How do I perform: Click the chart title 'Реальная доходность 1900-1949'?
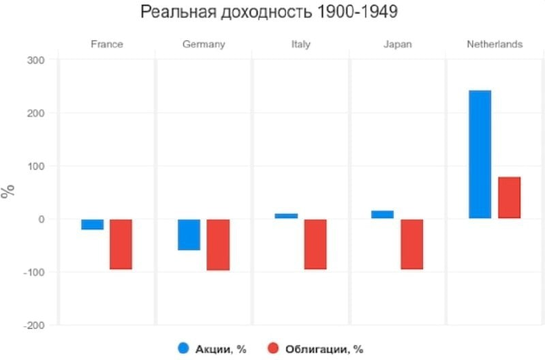pos(269,13)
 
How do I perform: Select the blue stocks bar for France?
pos(92,224)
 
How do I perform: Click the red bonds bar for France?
pos(121,244)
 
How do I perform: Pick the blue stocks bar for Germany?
pos(189,235)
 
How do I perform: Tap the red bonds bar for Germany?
pos(218,245)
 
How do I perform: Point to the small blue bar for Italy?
pos(286,215)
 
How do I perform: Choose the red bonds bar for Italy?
pos(315,244)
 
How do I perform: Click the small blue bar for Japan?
pos(382,214)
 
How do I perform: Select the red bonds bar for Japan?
pos(411,244)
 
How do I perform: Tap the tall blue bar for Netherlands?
pos(480,154)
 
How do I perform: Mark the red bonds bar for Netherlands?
pos(509,198)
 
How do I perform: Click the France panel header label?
pos(107,44)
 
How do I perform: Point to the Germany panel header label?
pos(204,44)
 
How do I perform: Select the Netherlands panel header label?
pos(495,44)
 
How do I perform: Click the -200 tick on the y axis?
pos(33,326)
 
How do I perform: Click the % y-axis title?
pos(8,192)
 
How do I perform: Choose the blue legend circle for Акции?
pos(183,348)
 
